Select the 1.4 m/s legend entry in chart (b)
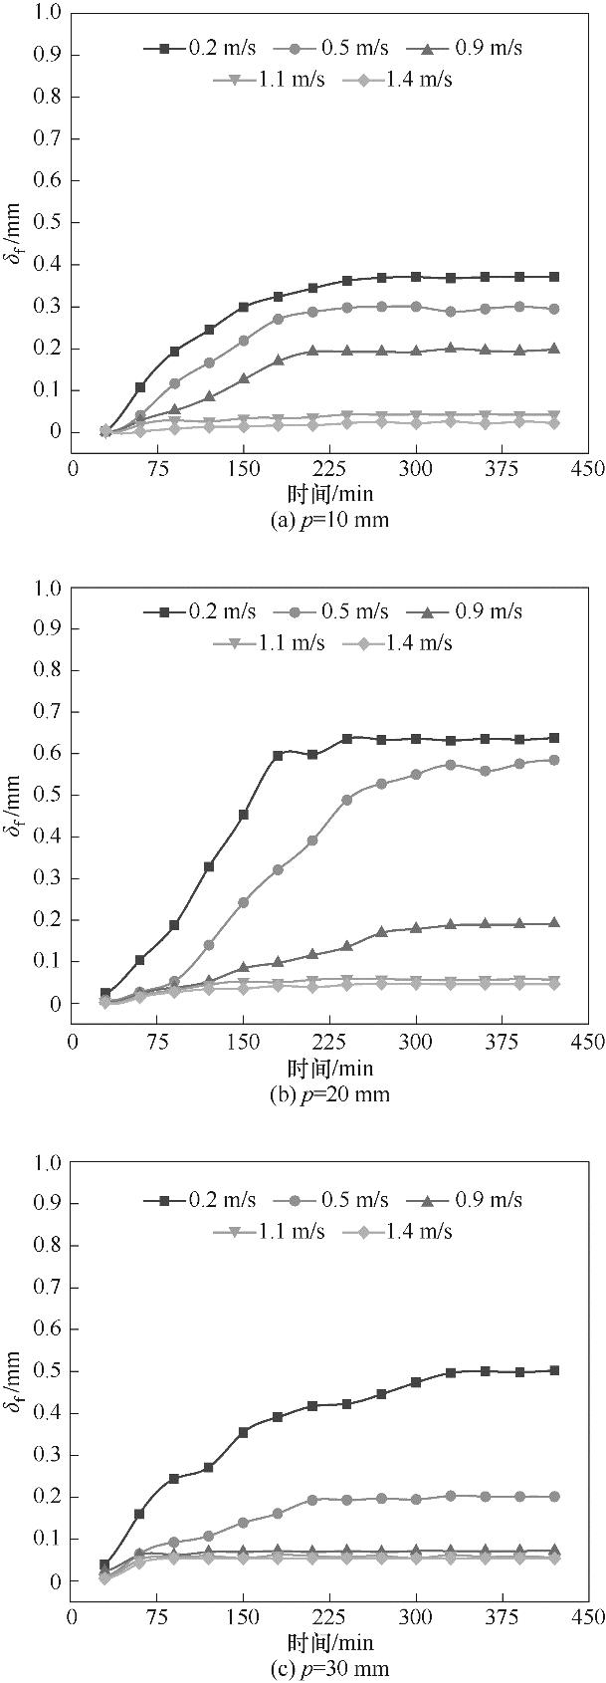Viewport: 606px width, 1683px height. pos(397,643)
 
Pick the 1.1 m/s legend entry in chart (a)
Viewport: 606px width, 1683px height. pos(270,80)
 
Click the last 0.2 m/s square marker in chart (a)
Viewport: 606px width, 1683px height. pos(554,277)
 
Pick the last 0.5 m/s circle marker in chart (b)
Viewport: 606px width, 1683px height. pos(554,761)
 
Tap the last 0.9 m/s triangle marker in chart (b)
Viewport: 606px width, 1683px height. pos(554,923)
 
